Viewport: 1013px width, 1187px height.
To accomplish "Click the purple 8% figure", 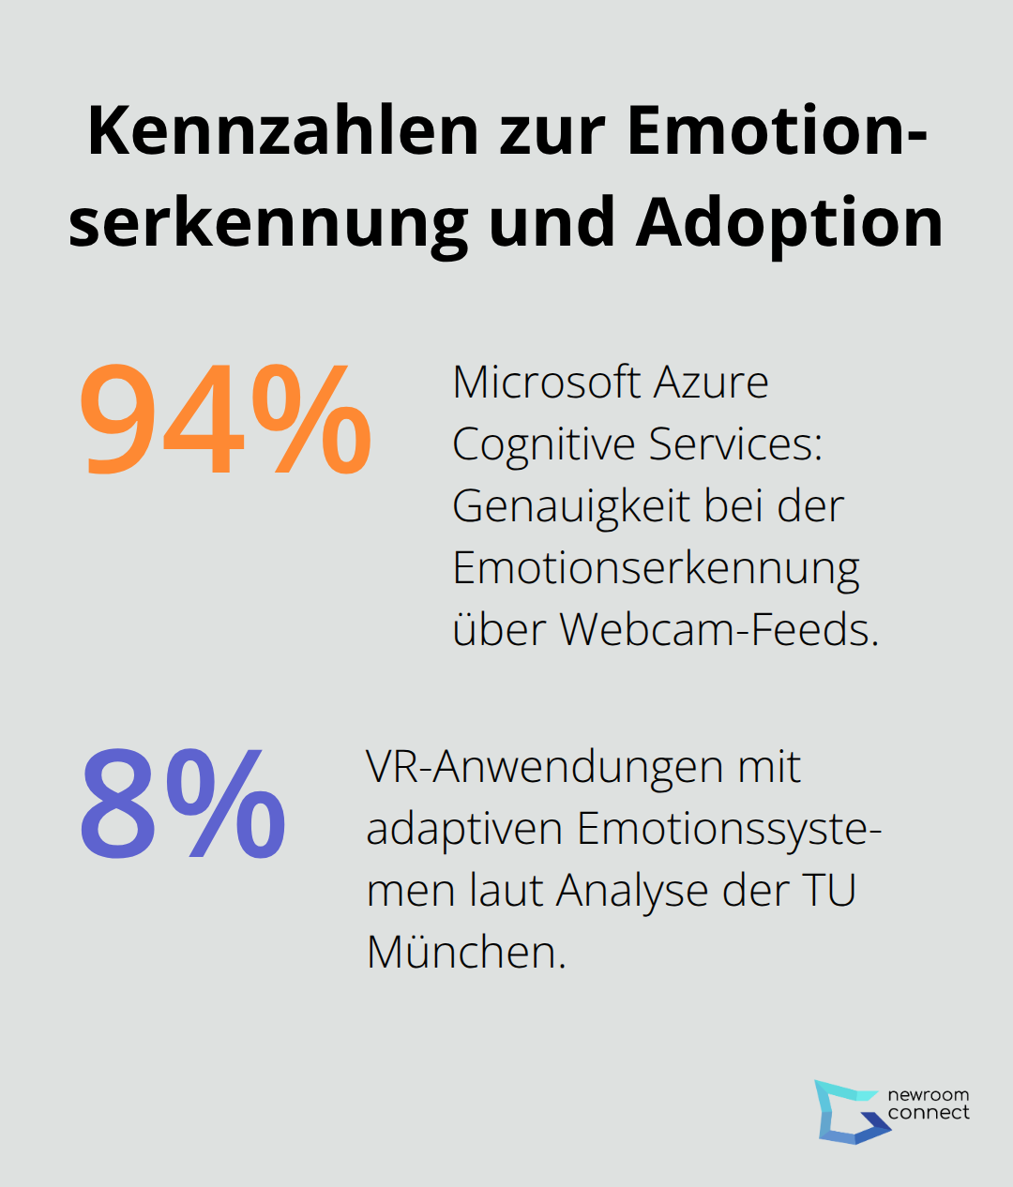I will point(183,804).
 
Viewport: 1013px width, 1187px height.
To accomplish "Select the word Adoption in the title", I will point(789,223).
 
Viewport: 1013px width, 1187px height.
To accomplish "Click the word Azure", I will point(711,383).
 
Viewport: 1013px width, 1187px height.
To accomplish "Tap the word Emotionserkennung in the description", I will point(656,569).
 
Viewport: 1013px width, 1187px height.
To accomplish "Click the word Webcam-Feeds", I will point(719,629).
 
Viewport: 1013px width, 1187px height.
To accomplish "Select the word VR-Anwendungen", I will point(544,767).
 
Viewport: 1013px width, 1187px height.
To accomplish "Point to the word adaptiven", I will point(463,830).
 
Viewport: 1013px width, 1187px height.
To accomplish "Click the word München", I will point(466,953).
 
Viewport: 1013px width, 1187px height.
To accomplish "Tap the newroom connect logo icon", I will point(849,1112).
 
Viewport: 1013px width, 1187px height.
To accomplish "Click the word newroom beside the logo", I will point(928,1095).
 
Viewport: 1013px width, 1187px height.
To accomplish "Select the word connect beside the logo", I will point(928,1113).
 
